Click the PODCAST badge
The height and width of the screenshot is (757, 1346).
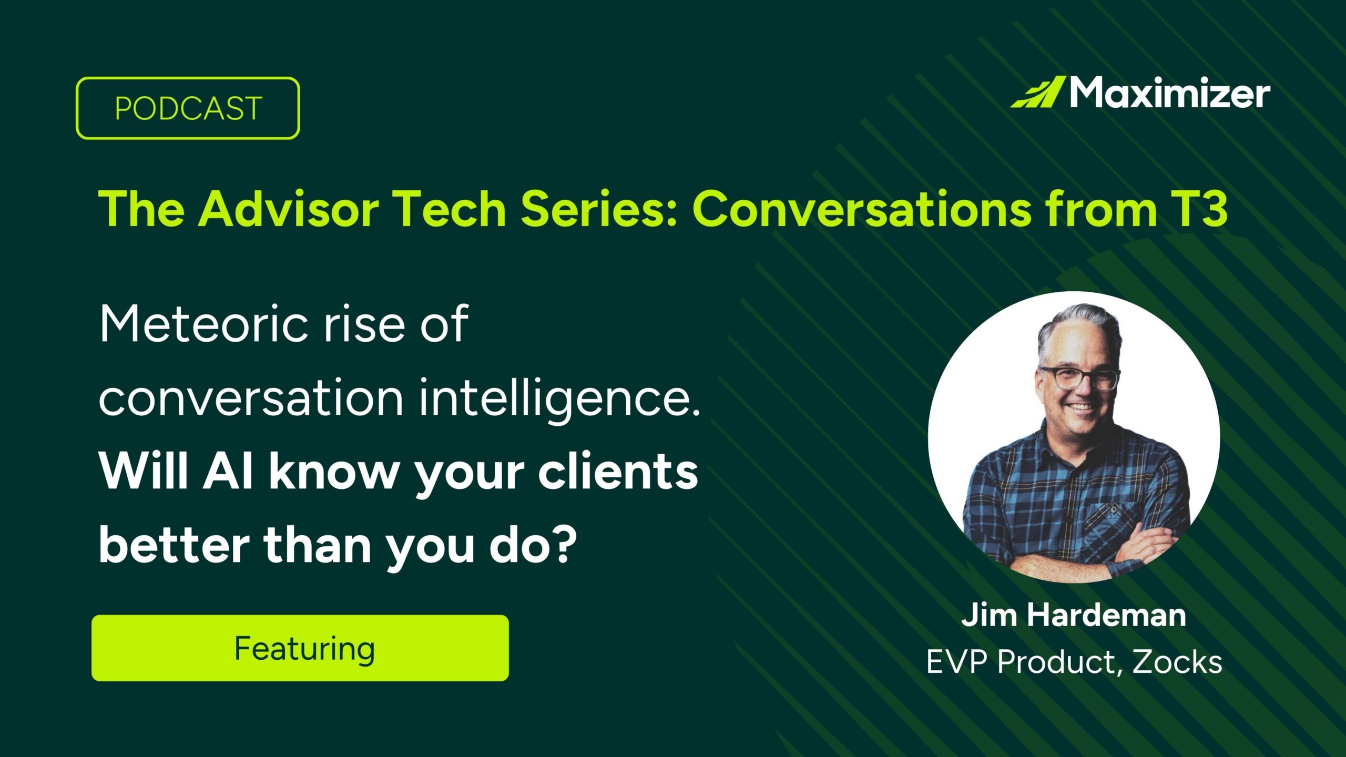[188, 108]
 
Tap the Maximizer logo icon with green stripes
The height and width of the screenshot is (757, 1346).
[1037, 93]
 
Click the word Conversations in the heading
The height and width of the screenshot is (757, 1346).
[862, 209]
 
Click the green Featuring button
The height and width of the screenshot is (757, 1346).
[300, 648]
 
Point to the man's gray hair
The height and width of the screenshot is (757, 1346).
[1078, 326]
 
